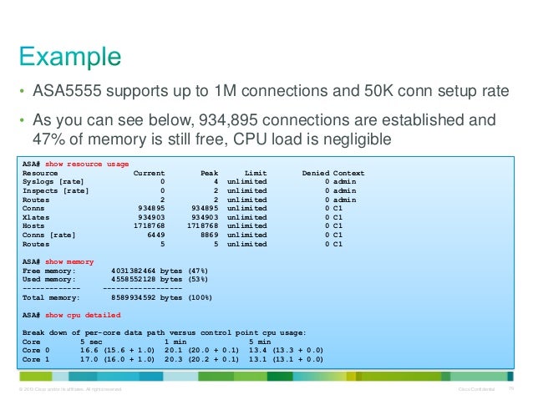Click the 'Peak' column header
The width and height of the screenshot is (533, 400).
pyautogui.click(x=209, y=173)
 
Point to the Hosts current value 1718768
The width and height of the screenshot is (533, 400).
pyautogui.click(x=150, y=225)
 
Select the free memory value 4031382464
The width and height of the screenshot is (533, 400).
pyautogui.click(x=133, y=271)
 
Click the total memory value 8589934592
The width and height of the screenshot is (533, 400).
pyautogui.click(x=133, y=296)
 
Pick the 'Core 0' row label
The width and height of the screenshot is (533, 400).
pyautogui.click(x=36, y=350)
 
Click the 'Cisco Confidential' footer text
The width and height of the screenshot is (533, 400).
pyautogui.click(x=477, y=389)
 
